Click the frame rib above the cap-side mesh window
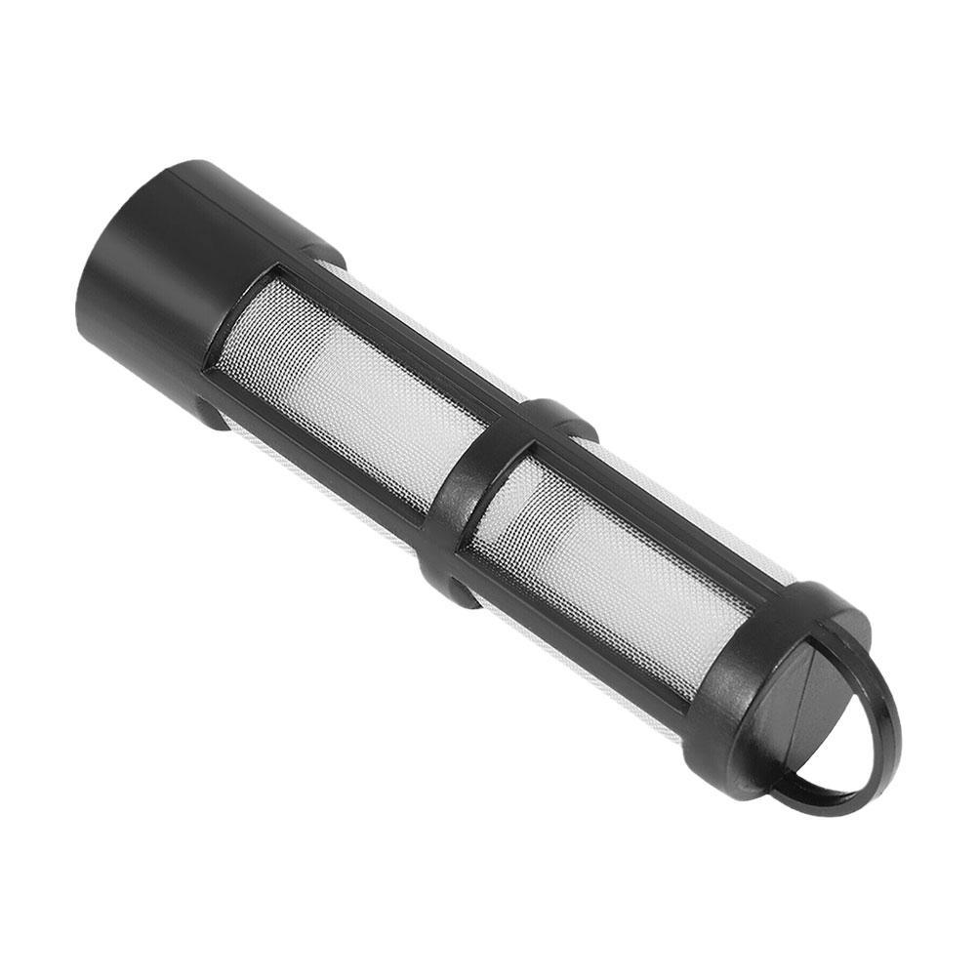coord(410,342)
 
